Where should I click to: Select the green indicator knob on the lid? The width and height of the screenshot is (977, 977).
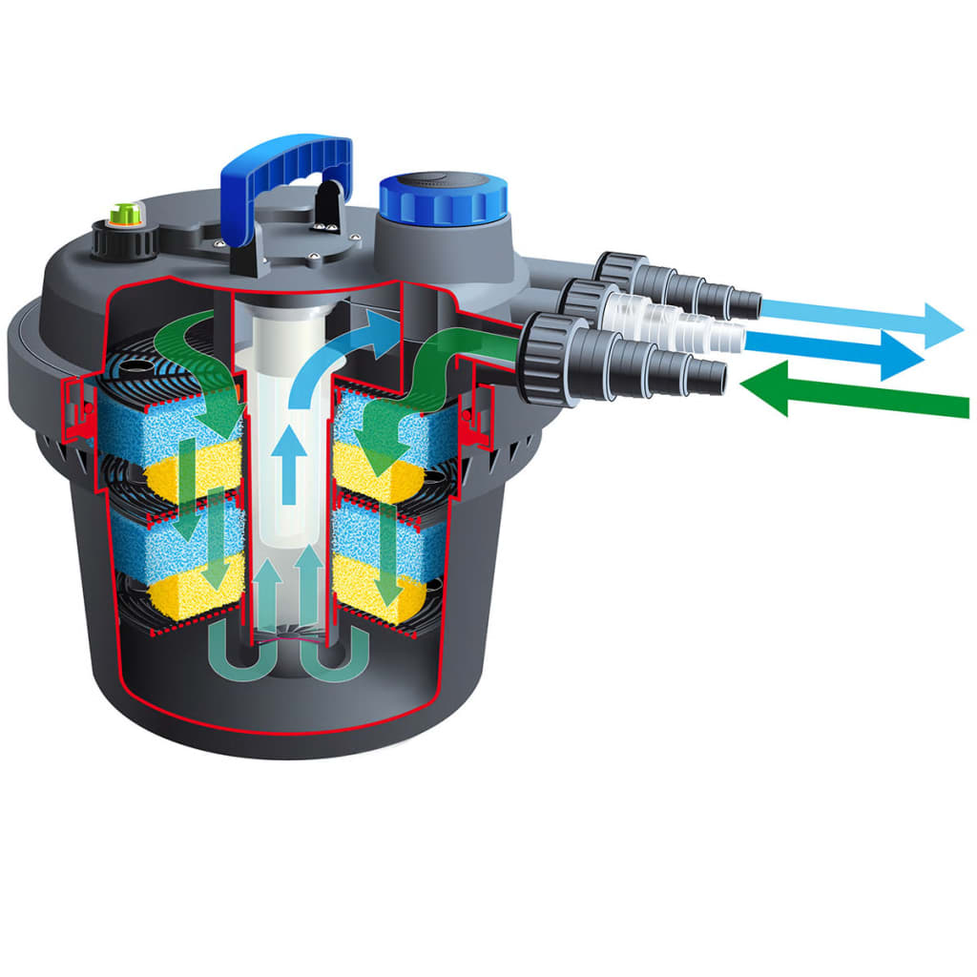120,213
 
